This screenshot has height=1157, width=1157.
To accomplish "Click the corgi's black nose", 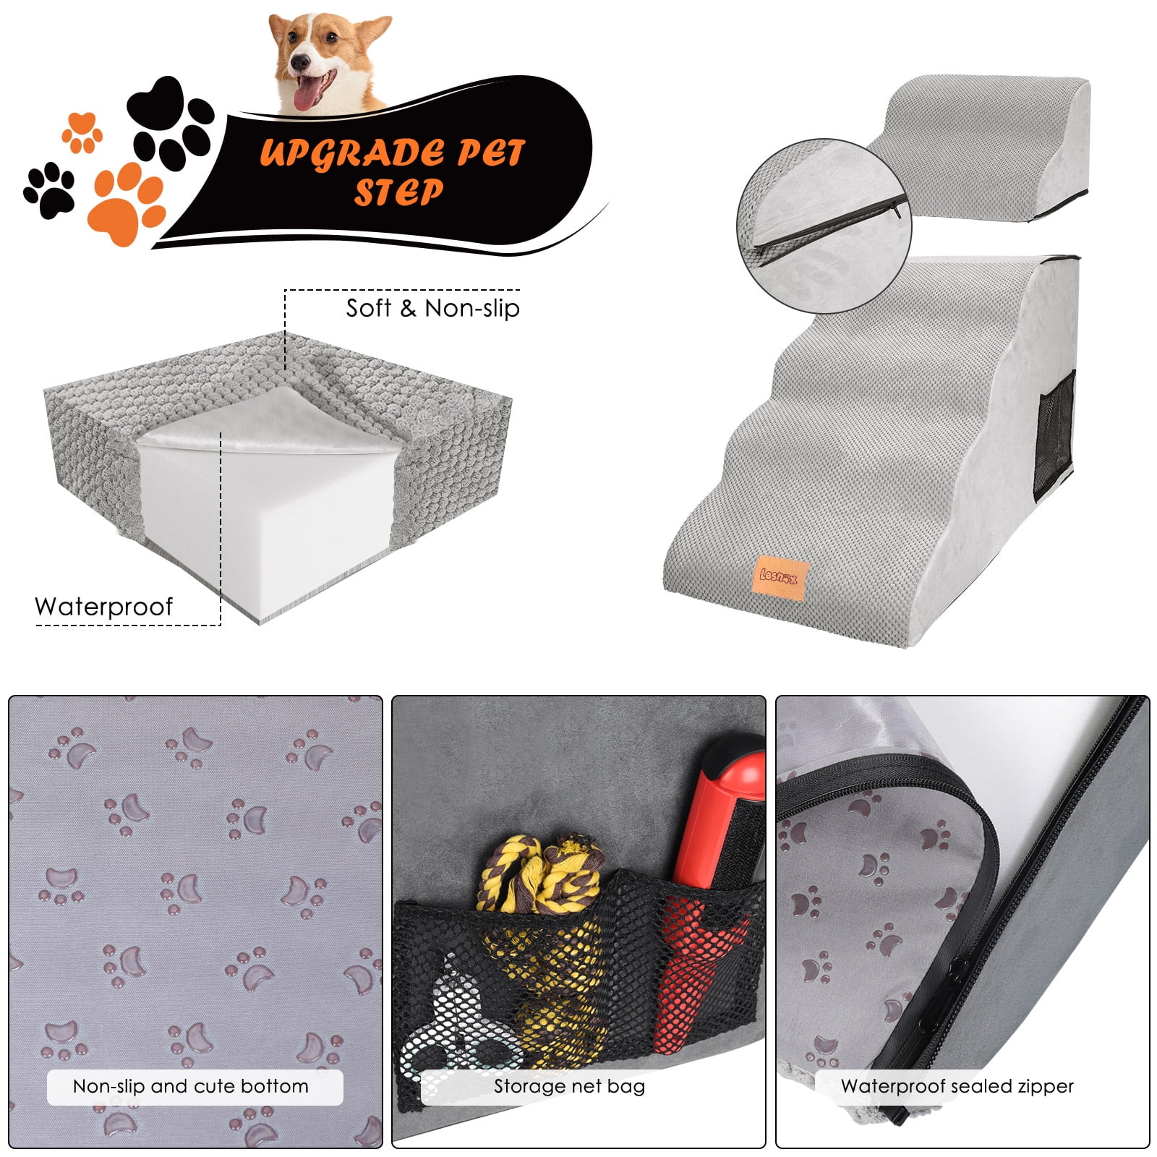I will (x=300, y=61).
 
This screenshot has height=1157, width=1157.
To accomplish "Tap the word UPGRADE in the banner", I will (x=346, y=153).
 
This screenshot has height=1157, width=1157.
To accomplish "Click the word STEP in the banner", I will (x=397, y=192).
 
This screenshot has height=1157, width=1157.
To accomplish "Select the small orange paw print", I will (x=82, y=132).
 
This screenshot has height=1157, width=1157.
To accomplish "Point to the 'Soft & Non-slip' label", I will (x=432, y=309).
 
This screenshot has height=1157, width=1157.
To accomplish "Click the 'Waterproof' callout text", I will (x=104, y=607).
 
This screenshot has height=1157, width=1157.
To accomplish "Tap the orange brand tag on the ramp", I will (x=780, y=576).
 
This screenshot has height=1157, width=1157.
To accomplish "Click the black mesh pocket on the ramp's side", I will (x=1056, y=436).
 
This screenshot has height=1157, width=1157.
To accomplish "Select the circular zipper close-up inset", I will (x=824, y=226).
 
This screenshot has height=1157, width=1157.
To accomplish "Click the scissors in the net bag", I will (x=463, y=1027).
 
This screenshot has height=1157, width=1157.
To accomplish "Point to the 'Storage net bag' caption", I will (x=569, y=1086).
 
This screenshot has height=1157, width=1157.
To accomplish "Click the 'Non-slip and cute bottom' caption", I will (x=191, y=1086).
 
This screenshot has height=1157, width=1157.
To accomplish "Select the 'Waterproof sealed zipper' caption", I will (x=957, y=1086).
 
